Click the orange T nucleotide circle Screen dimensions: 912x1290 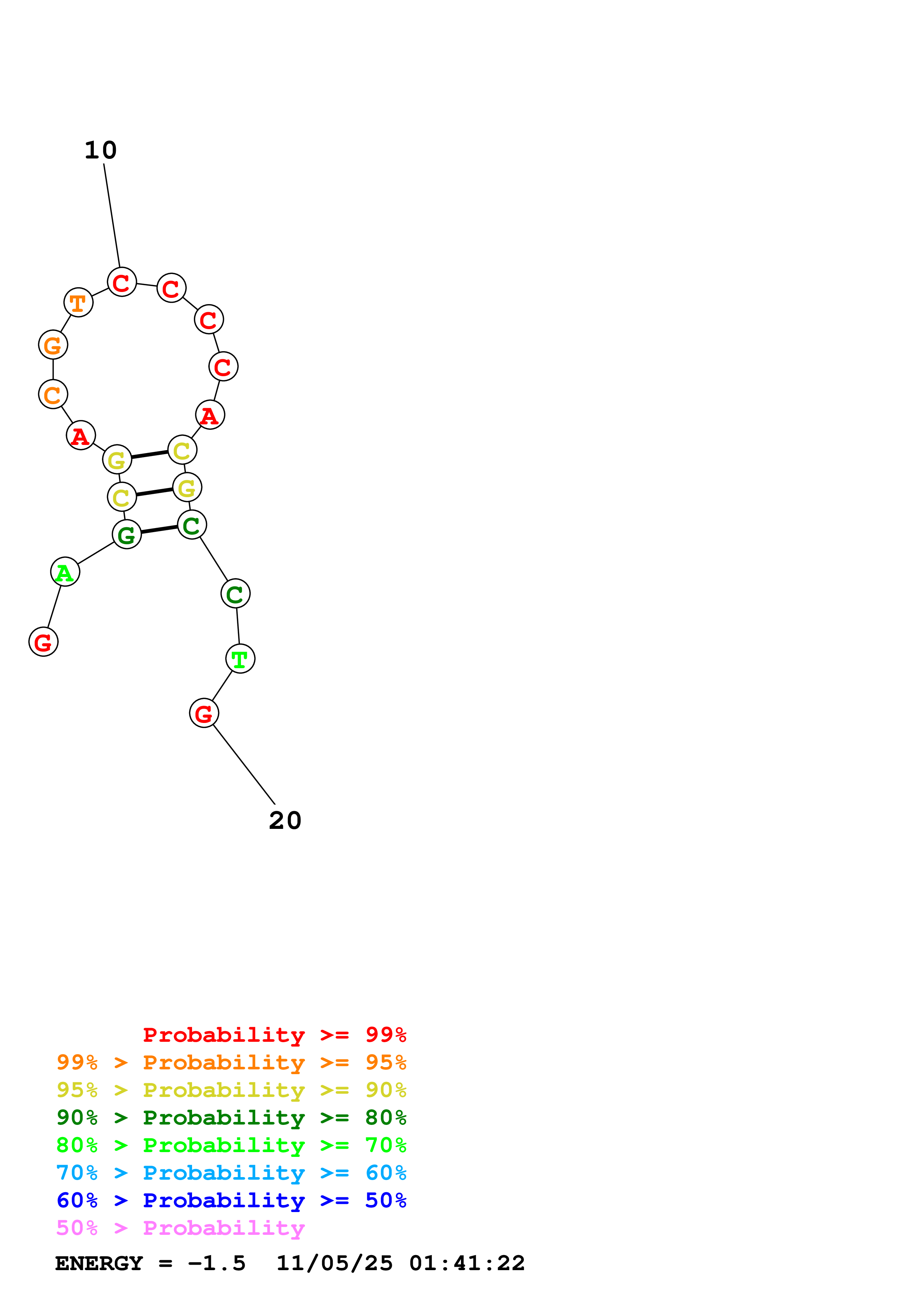coord(78,303)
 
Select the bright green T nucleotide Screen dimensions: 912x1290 coord(240,659)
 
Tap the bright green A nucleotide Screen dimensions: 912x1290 coord(65,572)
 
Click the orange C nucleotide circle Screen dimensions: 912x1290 coord(53,395)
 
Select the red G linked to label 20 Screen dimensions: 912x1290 coord(204,713)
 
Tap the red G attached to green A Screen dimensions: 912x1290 coord(43,642)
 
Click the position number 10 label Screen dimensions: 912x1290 coord(100,150)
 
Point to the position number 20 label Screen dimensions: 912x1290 coord(285,820)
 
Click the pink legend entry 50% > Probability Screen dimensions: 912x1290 coord(180,1228)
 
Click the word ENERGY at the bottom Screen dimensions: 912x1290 coord(99,1264)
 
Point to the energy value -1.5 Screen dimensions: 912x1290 coord(217,1264)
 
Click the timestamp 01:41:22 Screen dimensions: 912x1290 coord(467,1264)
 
